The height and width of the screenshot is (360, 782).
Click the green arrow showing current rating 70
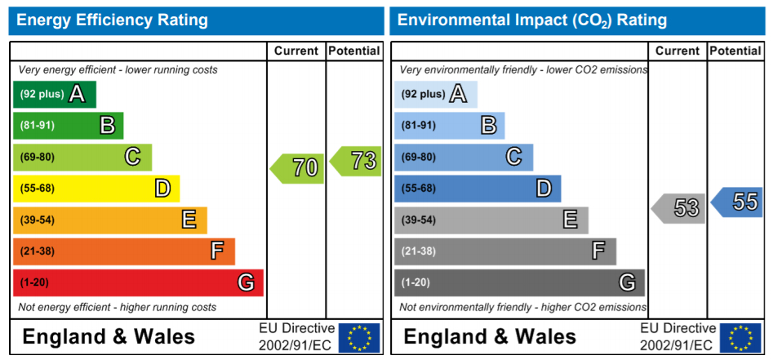coord(298,168)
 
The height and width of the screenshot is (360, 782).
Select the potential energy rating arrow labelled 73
coord(357,161)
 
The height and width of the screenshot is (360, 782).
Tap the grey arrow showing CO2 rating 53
coord(679,208)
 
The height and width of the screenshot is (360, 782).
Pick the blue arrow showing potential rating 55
coord(738,202)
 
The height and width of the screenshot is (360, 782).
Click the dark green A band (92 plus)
coord(54,95)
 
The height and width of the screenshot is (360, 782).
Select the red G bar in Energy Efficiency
coord(137,282)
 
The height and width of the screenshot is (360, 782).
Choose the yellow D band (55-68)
coord(96,189)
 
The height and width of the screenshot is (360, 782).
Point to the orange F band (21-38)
coord(123,251)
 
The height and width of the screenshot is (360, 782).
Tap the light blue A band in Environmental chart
coord(435,95)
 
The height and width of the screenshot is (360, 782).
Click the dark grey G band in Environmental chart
coord(519,282)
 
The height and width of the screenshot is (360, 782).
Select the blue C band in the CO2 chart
coord(463,157)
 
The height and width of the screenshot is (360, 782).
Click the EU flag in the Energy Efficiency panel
coord(359,337)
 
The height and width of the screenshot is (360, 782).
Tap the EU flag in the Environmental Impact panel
coord(740,337)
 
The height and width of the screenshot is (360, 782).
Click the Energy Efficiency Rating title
coord(112,20)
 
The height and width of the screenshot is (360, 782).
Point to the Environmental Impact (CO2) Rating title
coord(531,20)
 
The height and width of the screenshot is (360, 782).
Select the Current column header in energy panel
coord(295,51)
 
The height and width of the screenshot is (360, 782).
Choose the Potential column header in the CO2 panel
coord(735,51)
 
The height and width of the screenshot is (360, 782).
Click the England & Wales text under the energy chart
coord(109,336)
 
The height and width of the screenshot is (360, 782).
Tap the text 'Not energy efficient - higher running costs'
coord(117,307)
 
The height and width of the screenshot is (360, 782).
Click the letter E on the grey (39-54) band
coord(570,220)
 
